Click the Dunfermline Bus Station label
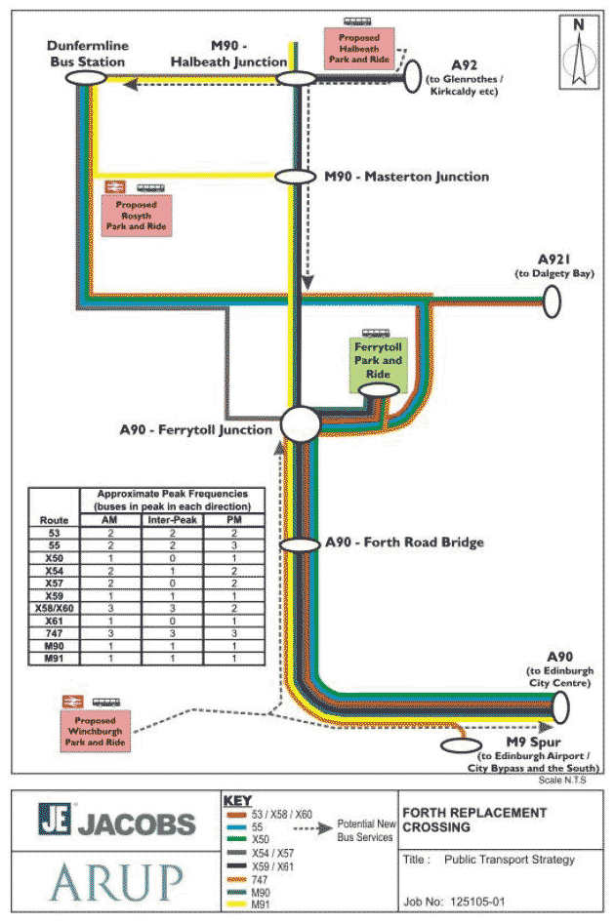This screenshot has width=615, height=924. coord(87,54)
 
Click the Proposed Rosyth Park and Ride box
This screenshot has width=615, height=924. coord(137,215)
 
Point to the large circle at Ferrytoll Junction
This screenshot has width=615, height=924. coord(301,425)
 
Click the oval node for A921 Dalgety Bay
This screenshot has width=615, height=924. coord(552,301)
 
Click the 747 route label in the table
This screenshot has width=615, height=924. coord(54,633)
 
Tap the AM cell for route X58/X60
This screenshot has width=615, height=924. coord(114,607)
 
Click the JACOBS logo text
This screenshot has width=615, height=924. coord(117,824)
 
